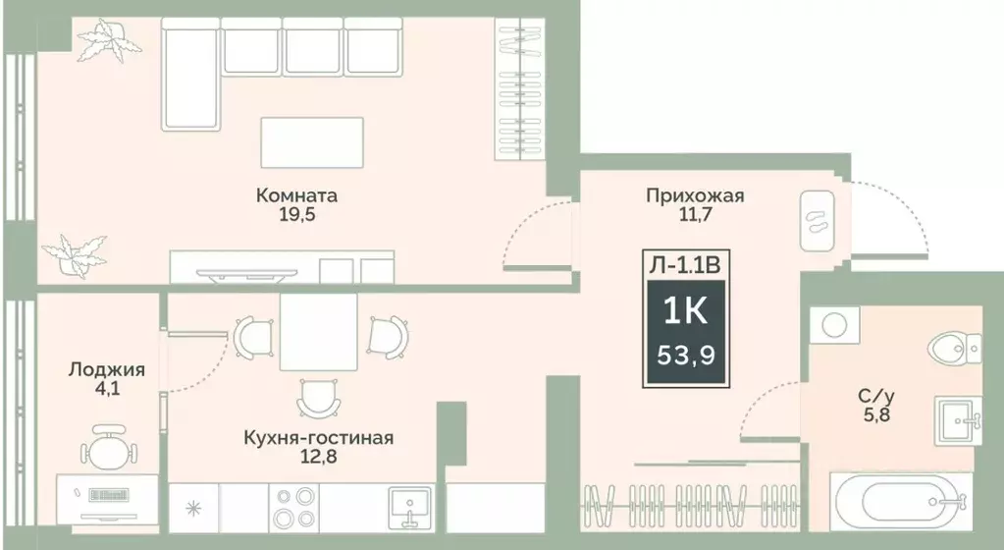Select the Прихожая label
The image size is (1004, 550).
coord(695,195)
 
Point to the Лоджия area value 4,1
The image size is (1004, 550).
coord(107,390)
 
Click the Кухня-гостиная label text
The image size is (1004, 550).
coord(319,438)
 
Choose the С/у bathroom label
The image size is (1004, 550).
coord(875,397)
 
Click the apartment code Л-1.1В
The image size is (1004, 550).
coord(686,262)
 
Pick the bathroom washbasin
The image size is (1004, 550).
coord(958,421)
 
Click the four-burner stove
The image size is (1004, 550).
coord(293,509)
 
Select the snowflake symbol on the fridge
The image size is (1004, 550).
coord(193,509)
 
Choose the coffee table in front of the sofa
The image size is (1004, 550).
coord(312,142)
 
